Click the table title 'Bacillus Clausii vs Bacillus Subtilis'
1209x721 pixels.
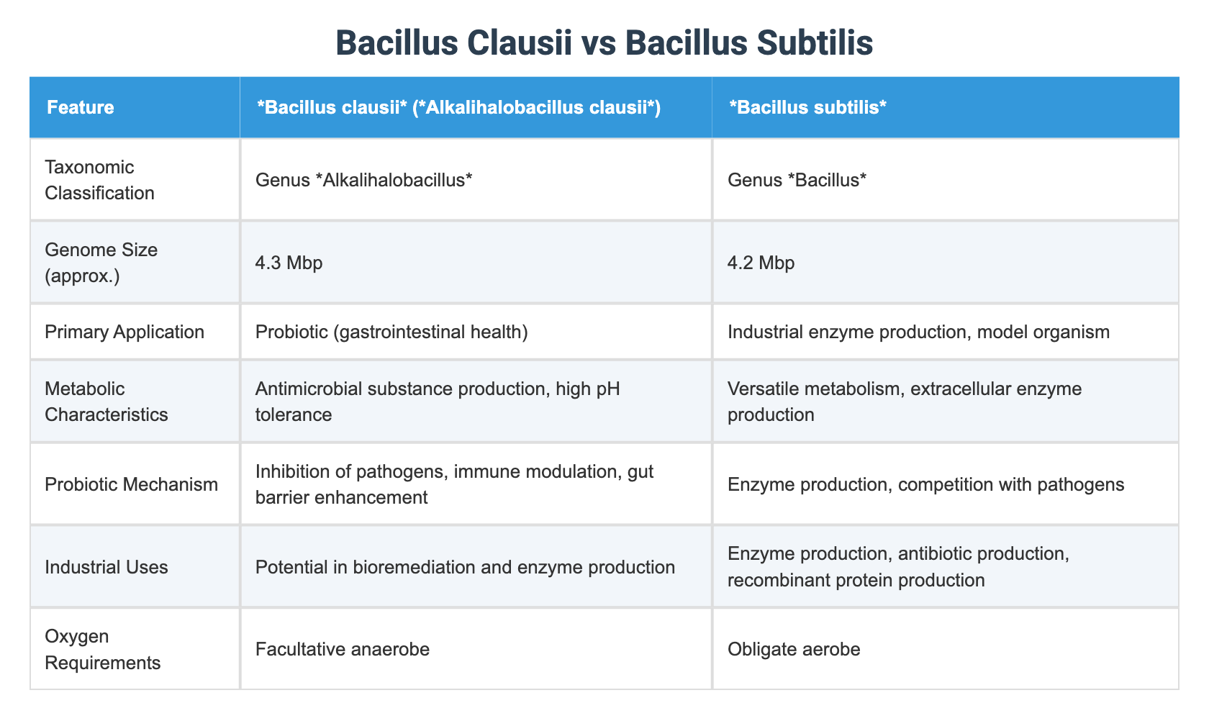click(604, 43)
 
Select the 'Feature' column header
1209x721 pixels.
click(81, 108)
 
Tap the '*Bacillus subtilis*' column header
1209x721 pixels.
click(807, 108)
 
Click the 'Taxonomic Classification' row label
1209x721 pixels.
click(99, 180)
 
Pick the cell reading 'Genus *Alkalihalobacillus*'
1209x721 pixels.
click(363, 180)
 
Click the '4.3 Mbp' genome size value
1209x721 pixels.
click(289, 263)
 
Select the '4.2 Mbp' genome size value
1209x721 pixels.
click(761, 263)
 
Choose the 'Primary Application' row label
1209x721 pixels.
click(124, 332)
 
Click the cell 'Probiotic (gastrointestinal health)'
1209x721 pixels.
click(391, 332)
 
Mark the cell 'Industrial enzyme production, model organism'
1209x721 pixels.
click(919, 332)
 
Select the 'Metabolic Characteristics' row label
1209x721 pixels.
click(107, 402)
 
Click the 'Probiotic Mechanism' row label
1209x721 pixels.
click(131, 484)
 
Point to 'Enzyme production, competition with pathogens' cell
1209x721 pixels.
click(925, 484)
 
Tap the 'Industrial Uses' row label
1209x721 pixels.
click(107, 567)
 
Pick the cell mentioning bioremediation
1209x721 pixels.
click(465, 567)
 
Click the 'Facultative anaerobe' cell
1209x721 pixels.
click(343, 650)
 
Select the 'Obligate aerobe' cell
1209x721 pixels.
click(794, 650)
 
